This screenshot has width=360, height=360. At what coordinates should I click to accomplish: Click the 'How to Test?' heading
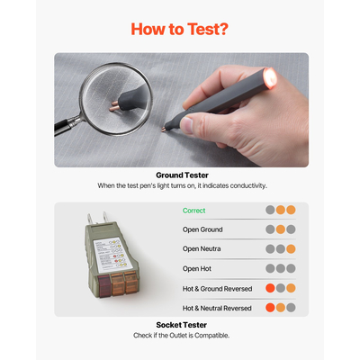pos(179,29)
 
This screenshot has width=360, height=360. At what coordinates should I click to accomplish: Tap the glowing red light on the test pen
pos(270,77)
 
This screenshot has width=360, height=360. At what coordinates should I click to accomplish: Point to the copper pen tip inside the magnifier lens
pos(114,106)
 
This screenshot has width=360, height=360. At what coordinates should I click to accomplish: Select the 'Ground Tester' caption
pos(182,175)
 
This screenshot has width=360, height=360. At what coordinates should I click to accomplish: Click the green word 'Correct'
pos(194,211)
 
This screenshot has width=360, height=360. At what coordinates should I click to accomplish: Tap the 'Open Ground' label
pos(202,229)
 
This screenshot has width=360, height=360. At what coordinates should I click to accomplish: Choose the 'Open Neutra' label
pos(202,249)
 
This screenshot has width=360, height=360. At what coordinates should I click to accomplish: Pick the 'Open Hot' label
pos(197,269)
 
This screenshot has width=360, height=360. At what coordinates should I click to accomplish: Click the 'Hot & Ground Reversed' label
pos(217,289)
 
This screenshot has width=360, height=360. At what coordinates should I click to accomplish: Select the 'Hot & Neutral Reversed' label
pos(217,308)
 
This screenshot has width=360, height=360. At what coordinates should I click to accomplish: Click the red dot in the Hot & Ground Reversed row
pos(270,288)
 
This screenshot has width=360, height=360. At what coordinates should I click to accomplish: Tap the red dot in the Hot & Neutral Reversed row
pos(270,308)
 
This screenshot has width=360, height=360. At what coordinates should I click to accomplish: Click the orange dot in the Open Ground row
pos(281,229)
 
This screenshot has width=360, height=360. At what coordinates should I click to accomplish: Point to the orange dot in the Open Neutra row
pos(291,249)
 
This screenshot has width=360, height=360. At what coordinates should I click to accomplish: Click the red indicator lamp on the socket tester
pos(104,285)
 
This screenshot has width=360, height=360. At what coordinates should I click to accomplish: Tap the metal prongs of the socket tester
pos(97,218)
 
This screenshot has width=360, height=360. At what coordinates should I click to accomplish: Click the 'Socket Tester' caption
pos(182,325)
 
